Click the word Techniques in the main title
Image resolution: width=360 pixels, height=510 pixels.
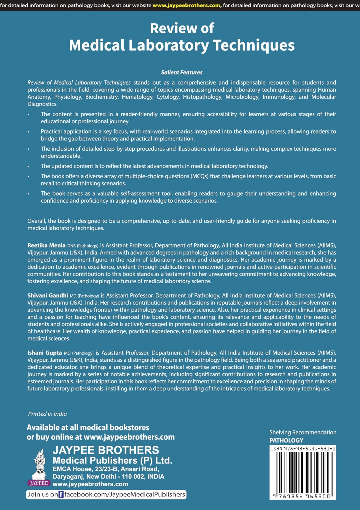click(254, 45)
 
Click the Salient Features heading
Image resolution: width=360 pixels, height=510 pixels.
click(181, 72)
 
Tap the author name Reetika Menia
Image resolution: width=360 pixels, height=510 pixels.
click(46, 245)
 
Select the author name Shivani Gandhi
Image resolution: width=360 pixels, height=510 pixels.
click(47, 295)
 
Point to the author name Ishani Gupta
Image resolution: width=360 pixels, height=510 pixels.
click(44, 353)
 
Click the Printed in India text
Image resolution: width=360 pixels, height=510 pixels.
click(47, 414)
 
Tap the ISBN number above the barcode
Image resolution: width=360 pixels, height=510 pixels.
click(303, 449)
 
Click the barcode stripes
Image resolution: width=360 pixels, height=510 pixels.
click(303, 472)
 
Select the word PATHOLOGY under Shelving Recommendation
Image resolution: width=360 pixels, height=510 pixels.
click(286, 440)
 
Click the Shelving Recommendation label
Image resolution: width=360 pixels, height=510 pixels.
click(303, 432)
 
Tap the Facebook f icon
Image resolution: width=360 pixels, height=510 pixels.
click(61, 495)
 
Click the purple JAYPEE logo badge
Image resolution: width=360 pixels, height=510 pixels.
click(39, 483)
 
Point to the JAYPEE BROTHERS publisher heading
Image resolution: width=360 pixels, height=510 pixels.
click(106, 450)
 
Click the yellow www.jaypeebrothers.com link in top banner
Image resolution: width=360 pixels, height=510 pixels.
click(187, 5)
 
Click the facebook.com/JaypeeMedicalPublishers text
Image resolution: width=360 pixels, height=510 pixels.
click(125, 494)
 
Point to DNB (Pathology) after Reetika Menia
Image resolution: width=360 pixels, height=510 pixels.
click(83, 246)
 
